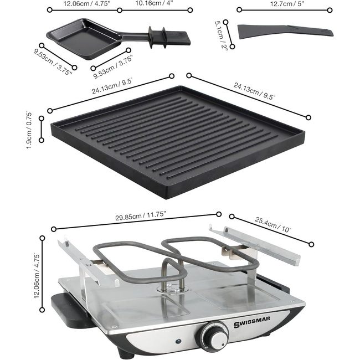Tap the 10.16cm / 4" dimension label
[x=154, y=3]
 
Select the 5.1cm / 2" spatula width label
[x=220, y=34]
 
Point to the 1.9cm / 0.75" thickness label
[x=29, y=130]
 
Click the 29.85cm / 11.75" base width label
[x=140, y=216]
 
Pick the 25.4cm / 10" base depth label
[x=273, y=225]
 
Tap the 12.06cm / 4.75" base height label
[x=37, y=275]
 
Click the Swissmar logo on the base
[x=252, y=322]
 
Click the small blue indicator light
[x=178, y=341]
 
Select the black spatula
[x=285, y=32]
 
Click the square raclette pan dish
[x=85, y=39]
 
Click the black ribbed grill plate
[x=178, y=142]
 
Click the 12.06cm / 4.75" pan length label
[x=87, y=4]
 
